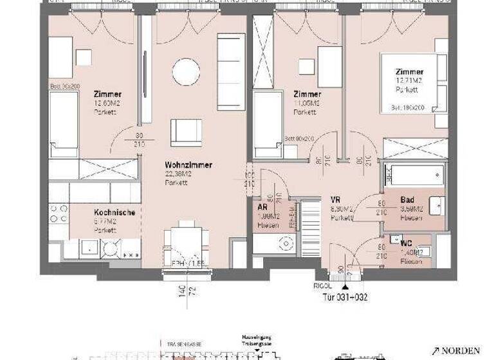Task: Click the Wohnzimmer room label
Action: coord(188,165)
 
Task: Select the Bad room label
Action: coord(407,200)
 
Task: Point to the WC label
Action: coord(406,244)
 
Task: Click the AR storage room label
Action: coord(262,208)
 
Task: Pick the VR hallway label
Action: coord(335,200)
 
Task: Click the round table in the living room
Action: coord(186,72)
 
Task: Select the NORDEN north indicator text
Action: coord(461,350)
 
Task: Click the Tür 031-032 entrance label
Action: coord(345,297)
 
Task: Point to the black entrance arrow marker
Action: coord(345,287)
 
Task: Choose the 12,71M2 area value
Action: coord(410,81)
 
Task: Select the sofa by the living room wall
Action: coord(231,62)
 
